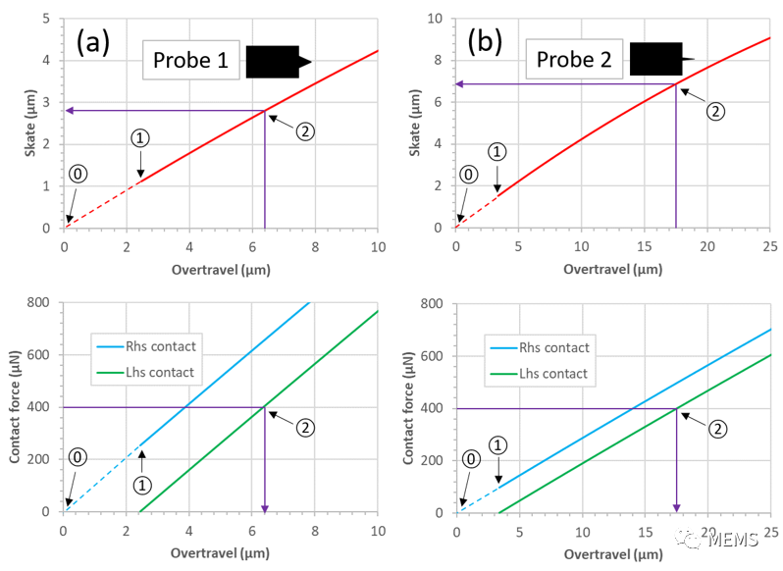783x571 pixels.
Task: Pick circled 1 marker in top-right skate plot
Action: pos(497,152)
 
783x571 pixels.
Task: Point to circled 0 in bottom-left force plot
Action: pos(78,458)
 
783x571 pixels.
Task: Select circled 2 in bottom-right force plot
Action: pos(716,428)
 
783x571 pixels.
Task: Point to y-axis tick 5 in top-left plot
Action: pos(48,18)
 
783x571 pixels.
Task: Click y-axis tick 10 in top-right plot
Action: pos(436,18)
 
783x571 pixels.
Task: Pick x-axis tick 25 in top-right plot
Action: pos(770,244)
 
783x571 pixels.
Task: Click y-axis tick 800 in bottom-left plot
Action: pos(39,302)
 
